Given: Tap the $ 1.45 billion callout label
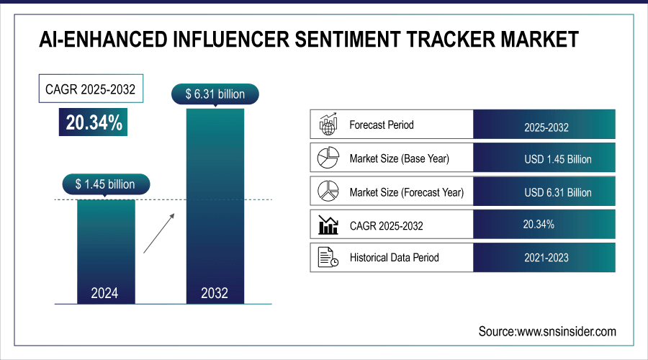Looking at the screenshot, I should pos(105,184).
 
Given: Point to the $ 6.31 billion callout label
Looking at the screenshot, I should pos(215,94).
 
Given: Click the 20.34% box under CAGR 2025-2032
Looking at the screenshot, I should pos(94,123).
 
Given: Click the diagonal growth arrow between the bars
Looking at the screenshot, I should pos(158,232).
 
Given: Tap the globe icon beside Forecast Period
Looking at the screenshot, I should pos(328,125).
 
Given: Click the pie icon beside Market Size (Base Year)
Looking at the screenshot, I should pos(328,158).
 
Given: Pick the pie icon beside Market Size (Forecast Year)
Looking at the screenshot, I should pos(328,192).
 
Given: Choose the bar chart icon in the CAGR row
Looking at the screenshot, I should pos(328,225).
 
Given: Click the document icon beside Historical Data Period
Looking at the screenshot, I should pos(328,257).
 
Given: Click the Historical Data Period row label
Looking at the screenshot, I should pos(394,257).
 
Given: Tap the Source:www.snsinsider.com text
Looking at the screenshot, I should pos(547,331).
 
